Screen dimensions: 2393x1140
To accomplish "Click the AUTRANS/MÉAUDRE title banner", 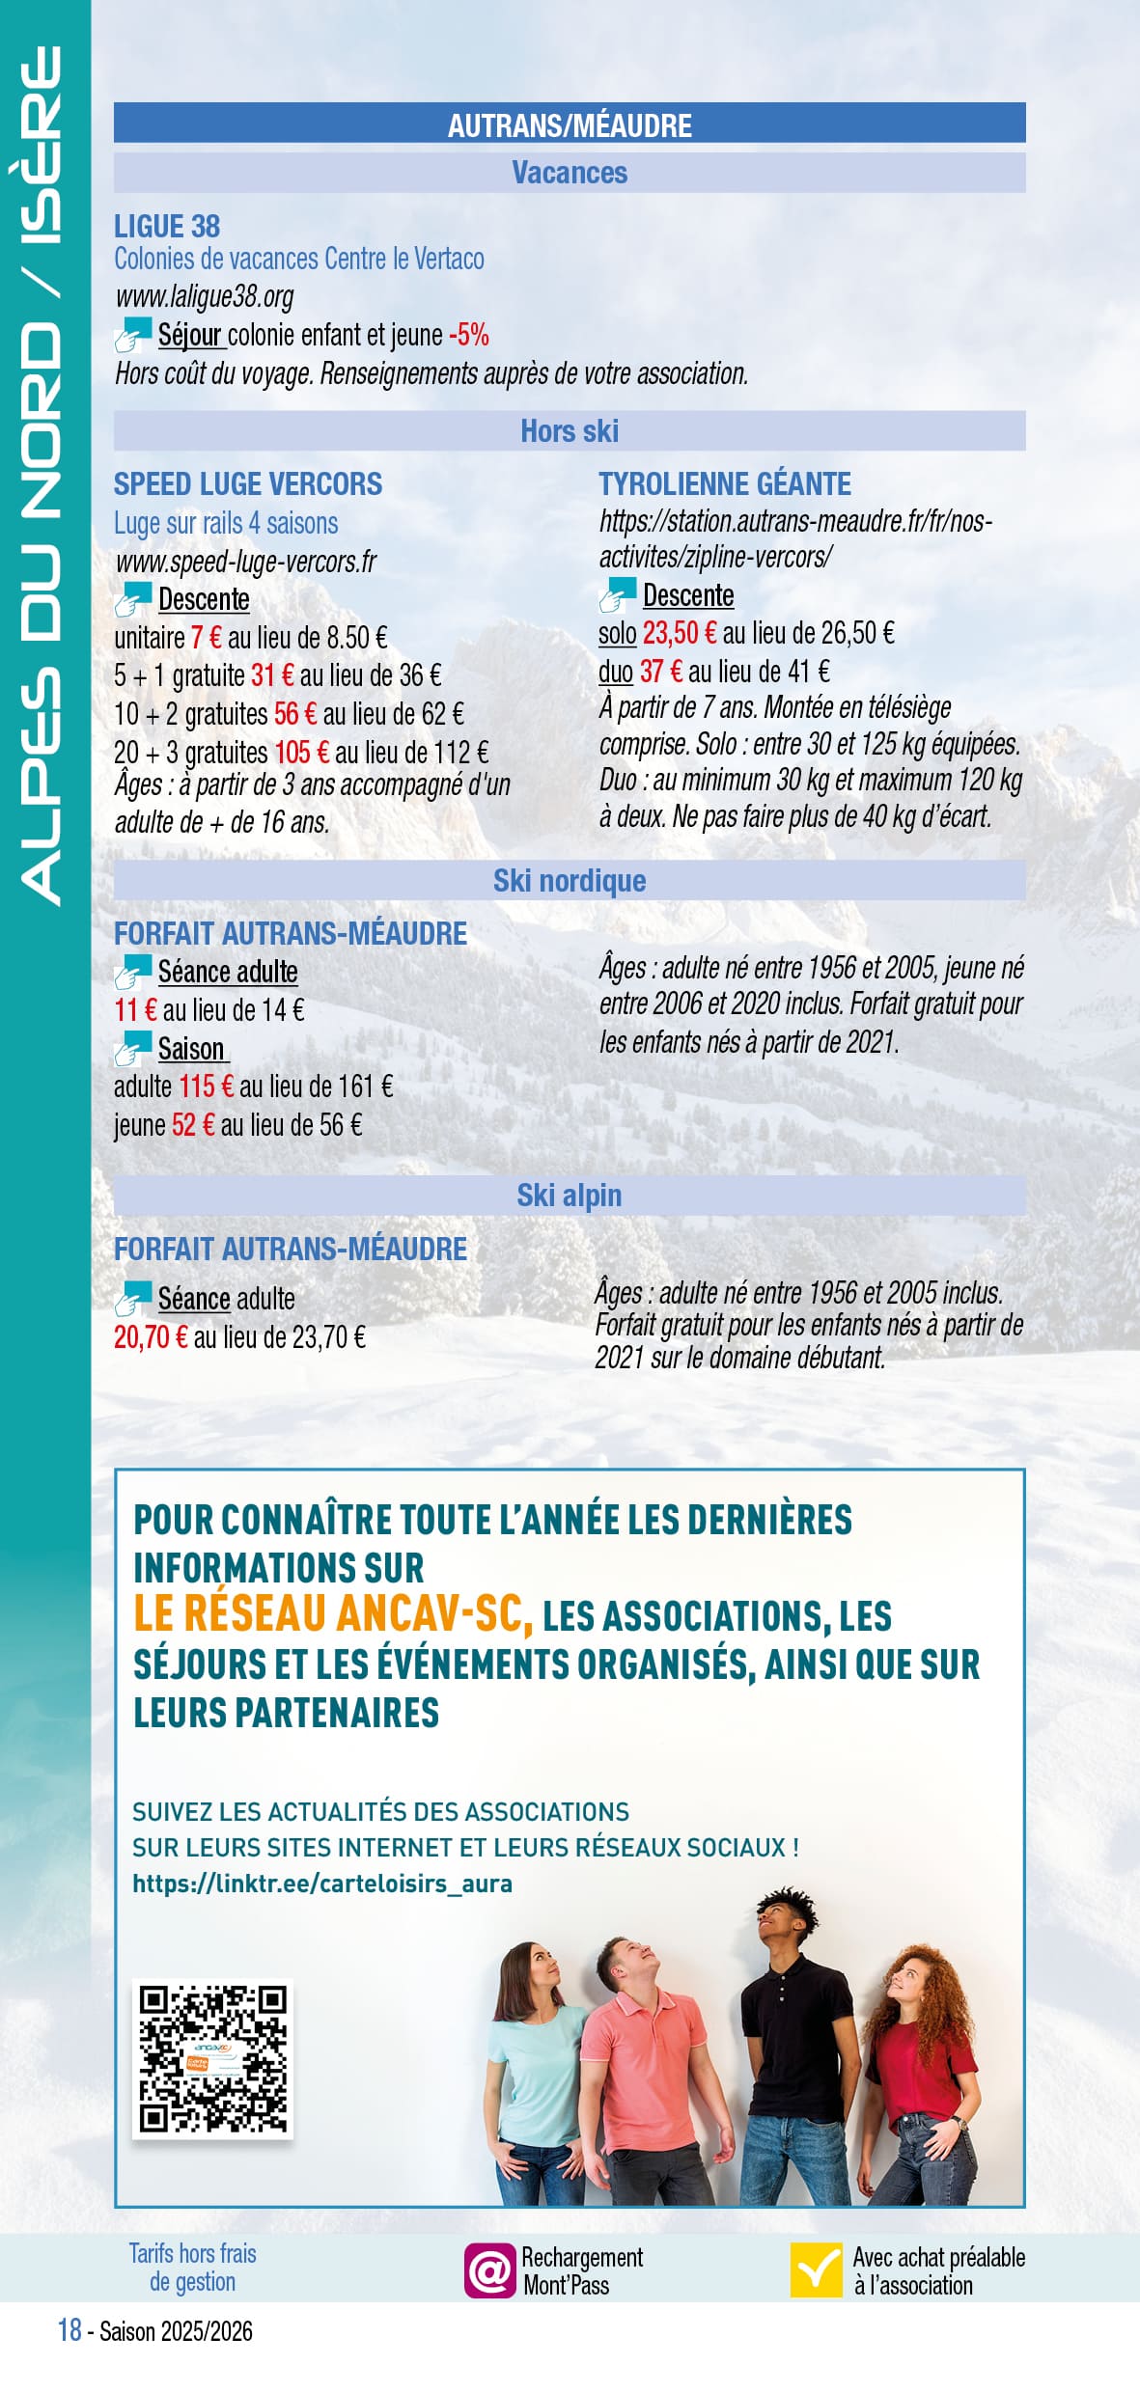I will pyautogui.click(x=570, y=124).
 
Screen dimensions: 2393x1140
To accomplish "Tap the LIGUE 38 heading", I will pyautogui.click(x=167, y=227).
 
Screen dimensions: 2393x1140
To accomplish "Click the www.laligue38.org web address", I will pyautogui.click(x=205, y=296).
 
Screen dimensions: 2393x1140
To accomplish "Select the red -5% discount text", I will pyautogui.click(x=469, y=335).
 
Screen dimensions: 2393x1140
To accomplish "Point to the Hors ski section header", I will pyautogui.click(x=570, y=431).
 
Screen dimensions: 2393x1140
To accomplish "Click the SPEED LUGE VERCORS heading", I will pyautogui.click(x=248, y=483).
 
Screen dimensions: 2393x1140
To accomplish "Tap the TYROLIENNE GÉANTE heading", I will pyautogui.click(x=725, y=483).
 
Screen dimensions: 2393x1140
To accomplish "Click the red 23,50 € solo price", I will pyautogui.click(x=680, y=633).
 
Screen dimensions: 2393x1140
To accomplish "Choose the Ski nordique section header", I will pyautogui.click(x=570, y=880).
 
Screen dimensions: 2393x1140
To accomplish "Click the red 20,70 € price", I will pyautogui.click(x=151, y=1337).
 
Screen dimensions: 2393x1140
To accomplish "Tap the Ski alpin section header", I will pyautogui.click(x=570, y=1196).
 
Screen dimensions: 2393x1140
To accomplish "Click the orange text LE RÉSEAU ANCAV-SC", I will pyautogui.click(x=333, y=1613).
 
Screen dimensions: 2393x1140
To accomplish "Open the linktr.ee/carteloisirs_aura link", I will pyautogui.click(x=322, y=1883).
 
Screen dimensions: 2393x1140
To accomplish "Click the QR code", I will pyautogui.click(x=212, y=2058).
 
